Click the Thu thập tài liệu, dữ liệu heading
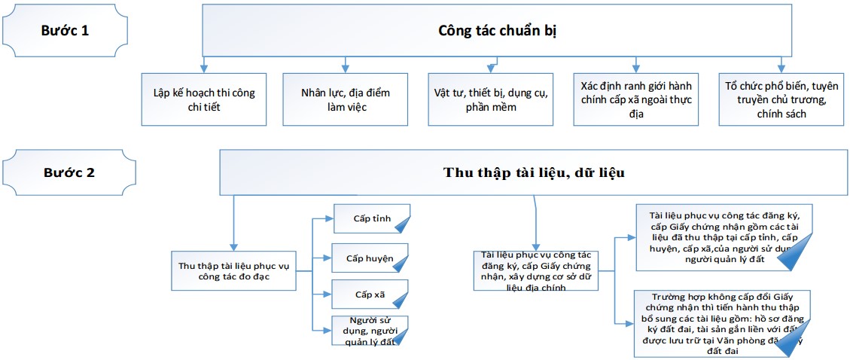pos(535,172)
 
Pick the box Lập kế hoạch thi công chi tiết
pos(203,99)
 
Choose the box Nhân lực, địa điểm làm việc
pos(345,99)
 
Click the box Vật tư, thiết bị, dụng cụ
pos(490,99)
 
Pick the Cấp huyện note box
pos(370,258)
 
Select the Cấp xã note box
pos(370,294)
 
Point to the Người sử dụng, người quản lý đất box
pos(370,331)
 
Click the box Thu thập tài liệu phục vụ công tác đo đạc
pos(234,270)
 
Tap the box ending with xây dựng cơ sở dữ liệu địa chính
pos(535,271)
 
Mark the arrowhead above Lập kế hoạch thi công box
pos(203,69)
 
